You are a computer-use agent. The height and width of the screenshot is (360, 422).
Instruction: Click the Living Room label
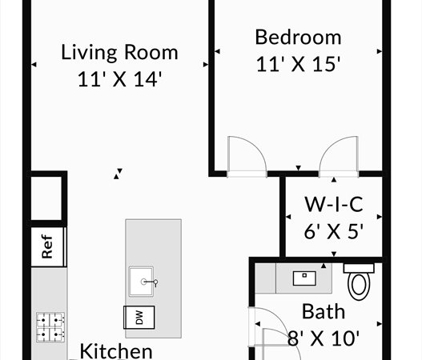(x=119, y=53)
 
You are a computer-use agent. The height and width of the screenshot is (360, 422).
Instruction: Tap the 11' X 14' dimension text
(x=120, y=79)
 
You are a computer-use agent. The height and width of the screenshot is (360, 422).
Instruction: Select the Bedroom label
(x=298, y=37)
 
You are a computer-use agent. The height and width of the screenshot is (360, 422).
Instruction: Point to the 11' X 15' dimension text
(x=298, y=64)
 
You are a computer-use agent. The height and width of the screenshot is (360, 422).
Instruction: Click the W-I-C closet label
(x=334, y=205)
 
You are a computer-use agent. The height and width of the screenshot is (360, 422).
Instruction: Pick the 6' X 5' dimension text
(x=334, y=231)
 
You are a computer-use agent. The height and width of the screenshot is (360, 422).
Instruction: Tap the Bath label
(x=324, y=312)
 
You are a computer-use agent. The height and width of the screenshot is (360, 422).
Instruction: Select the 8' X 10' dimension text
(x=324, y=338)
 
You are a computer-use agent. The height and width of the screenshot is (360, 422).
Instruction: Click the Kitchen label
(x=116, y=351)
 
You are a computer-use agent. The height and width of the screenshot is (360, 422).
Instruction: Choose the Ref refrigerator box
(x=49, y=247)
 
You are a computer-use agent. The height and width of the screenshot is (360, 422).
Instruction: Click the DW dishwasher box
(x=139, y=318)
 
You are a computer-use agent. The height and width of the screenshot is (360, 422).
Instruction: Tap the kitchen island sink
(x=141, y=282)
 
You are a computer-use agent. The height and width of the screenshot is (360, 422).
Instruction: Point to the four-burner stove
(x=50, y=327)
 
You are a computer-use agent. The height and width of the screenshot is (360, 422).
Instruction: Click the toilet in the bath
(x=359, y=282)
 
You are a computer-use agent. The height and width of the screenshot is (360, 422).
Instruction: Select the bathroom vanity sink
(x=304, y=278)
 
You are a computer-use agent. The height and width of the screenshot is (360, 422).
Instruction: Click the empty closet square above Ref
(x=47, y=198)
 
